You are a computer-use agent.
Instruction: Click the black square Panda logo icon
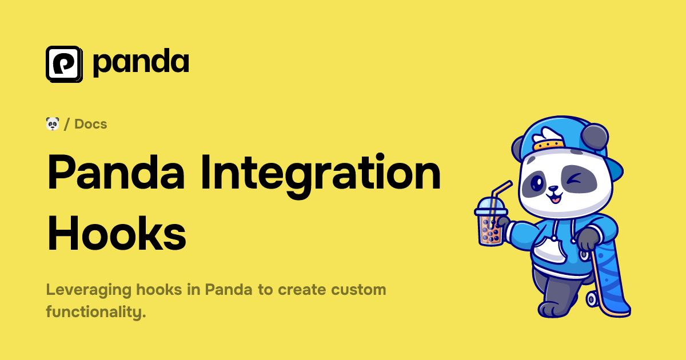click(64, 63)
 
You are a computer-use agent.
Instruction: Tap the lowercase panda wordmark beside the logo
click(141, 63)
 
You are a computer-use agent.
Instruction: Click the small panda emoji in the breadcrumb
click(53, 123)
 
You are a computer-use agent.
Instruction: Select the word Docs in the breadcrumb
click(91, 123)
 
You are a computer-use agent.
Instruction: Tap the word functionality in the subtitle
click(95, 312)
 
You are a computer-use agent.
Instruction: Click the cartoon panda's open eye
click(537, 183)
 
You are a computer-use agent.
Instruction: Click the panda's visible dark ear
click(596, 137)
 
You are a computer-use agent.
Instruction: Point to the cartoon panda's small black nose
click(553, 189)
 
